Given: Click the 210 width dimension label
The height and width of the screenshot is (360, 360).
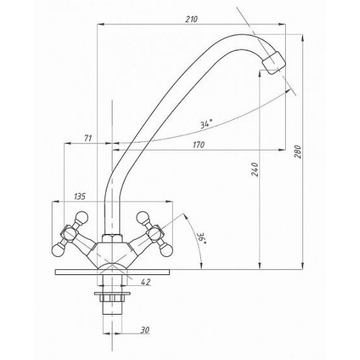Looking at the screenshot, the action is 192,19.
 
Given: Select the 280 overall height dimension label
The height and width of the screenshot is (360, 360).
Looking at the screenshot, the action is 297,151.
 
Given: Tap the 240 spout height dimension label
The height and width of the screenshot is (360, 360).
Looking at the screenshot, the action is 255,169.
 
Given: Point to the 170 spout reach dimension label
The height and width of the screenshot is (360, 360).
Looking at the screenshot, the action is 199,145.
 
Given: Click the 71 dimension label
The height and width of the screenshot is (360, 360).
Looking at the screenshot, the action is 88,138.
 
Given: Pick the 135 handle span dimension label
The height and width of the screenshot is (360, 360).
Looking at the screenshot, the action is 80,197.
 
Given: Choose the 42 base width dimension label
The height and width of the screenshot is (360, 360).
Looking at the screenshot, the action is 145,282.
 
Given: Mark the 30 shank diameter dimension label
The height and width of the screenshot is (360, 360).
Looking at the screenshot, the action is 145,330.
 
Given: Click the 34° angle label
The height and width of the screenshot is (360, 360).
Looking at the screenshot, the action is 207,124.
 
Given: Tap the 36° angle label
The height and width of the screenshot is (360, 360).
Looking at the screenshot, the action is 201,238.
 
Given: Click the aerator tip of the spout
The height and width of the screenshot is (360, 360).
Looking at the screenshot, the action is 274,62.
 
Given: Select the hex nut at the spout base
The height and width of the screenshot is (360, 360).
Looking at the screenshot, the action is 112,238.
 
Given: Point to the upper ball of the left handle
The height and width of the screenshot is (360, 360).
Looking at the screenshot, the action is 82,217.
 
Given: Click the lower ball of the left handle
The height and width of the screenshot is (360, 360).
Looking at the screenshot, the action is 58,250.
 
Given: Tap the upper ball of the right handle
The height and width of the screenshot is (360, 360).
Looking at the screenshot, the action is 143,217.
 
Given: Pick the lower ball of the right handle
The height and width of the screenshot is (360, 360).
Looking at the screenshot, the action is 166,250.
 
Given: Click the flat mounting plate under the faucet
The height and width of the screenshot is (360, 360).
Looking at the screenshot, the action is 112,272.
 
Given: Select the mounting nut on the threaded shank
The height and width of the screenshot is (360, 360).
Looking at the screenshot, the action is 112,298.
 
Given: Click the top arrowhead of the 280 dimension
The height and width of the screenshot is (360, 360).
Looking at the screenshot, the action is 302,38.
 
